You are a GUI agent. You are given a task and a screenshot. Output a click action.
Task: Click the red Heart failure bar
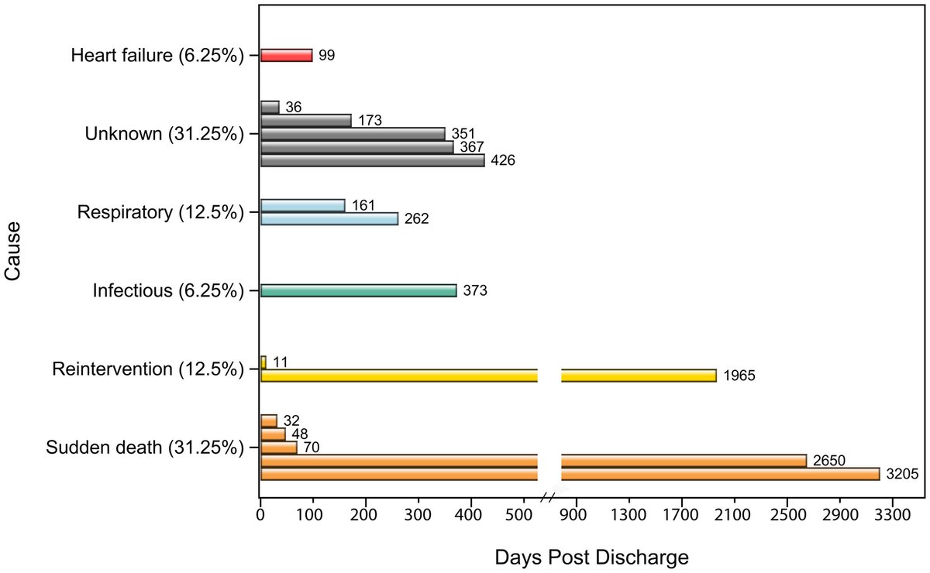tap(286, 55)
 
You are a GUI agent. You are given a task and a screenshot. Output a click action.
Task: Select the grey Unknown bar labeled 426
tap(372, 160)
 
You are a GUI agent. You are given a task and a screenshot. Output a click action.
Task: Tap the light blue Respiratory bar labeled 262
tap(329, 219)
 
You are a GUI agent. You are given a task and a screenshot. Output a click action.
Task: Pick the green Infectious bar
tap(358, 290)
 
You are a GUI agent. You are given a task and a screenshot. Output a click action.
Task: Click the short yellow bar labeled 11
tap(263, 362)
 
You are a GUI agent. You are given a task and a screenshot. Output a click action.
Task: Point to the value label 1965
tap(739, 376)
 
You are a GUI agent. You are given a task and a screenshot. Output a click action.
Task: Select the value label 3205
tap(902, 474)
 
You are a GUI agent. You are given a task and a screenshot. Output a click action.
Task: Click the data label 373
tap(474, 291)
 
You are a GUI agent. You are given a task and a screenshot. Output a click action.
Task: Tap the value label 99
tap(326, 56)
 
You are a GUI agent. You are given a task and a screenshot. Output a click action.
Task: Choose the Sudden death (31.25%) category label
tap(145, 448)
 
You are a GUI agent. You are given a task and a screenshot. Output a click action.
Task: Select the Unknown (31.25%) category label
tap(164, 134)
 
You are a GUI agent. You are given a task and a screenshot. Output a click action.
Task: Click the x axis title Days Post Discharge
tap(591, 556)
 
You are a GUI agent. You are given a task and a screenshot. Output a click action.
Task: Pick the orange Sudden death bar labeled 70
tap(278, 448)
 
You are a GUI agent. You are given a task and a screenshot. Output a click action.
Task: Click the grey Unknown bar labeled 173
tap(305, 121)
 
